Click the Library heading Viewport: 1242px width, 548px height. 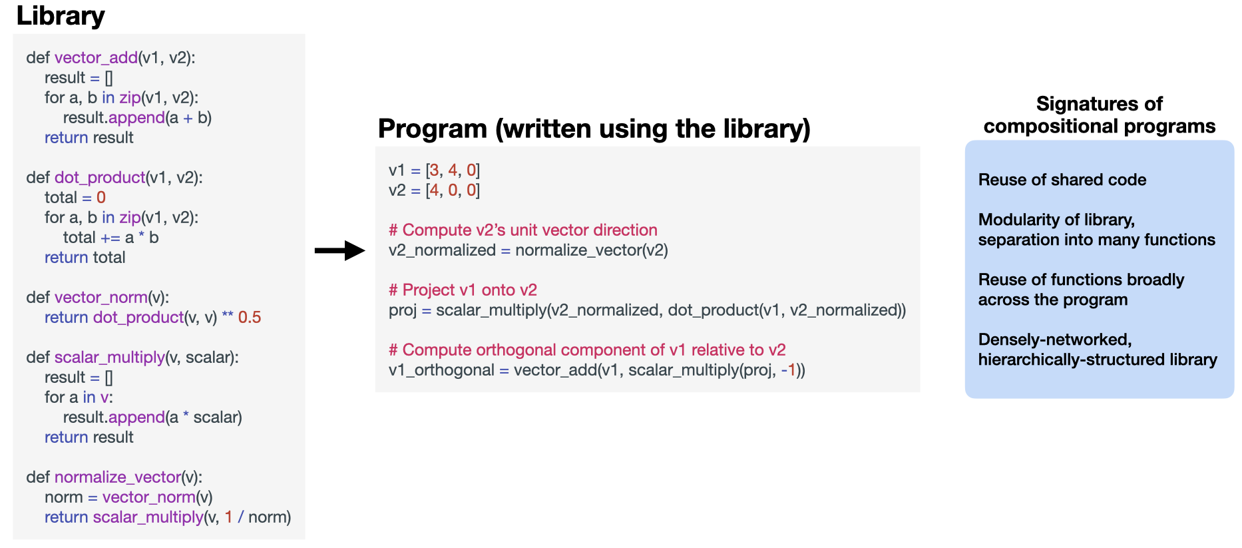click(60, 16)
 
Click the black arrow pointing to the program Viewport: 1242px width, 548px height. click(339, 250)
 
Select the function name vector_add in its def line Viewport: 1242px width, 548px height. click(96, 58)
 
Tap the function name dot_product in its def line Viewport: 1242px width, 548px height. click(99, 178)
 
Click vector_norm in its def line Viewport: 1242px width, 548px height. click(101, 298)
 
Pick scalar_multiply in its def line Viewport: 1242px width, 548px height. click(109, 358)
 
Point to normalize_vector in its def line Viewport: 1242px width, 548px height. click(117, 477)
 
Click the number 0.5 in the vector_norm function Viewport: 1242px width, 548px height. click(250, 318)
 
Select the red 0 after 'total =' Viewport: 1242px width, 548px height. click(101, 198)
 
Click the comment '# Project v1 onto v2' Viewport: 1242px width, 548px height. click(463, 290)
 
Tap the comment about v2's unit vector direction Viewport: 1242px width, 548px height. click(523, 230)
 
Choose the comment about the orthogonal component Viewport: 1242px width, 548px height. click(587, 350)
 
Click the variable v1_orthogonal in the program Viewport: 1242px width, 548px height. click(441, 370)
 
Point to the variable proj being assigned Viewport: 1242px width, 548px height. click(402, 310)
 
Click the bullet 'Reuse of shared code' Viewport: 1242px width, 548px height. click(1062, 180)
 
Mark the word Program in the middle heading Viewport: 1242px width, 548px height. click(432, 129)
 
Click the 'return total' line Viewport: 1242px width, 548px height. click(85, 258)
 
